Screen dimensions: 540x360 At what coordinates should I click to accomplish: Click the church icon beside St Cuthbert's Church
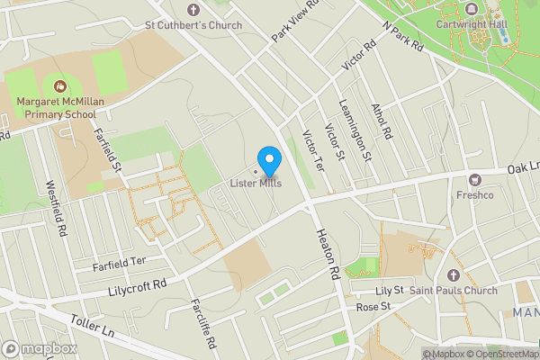137,24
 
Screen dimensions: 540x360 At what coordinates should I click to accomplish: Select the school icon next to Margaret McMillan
60,86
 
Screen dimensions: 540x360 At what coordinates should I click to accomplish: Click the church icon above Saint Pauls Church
453,274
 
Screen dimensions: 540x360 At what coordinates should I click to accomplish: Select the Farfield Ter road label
118,261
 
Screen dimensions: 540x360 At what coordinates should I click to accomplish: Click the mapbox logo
40,348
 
